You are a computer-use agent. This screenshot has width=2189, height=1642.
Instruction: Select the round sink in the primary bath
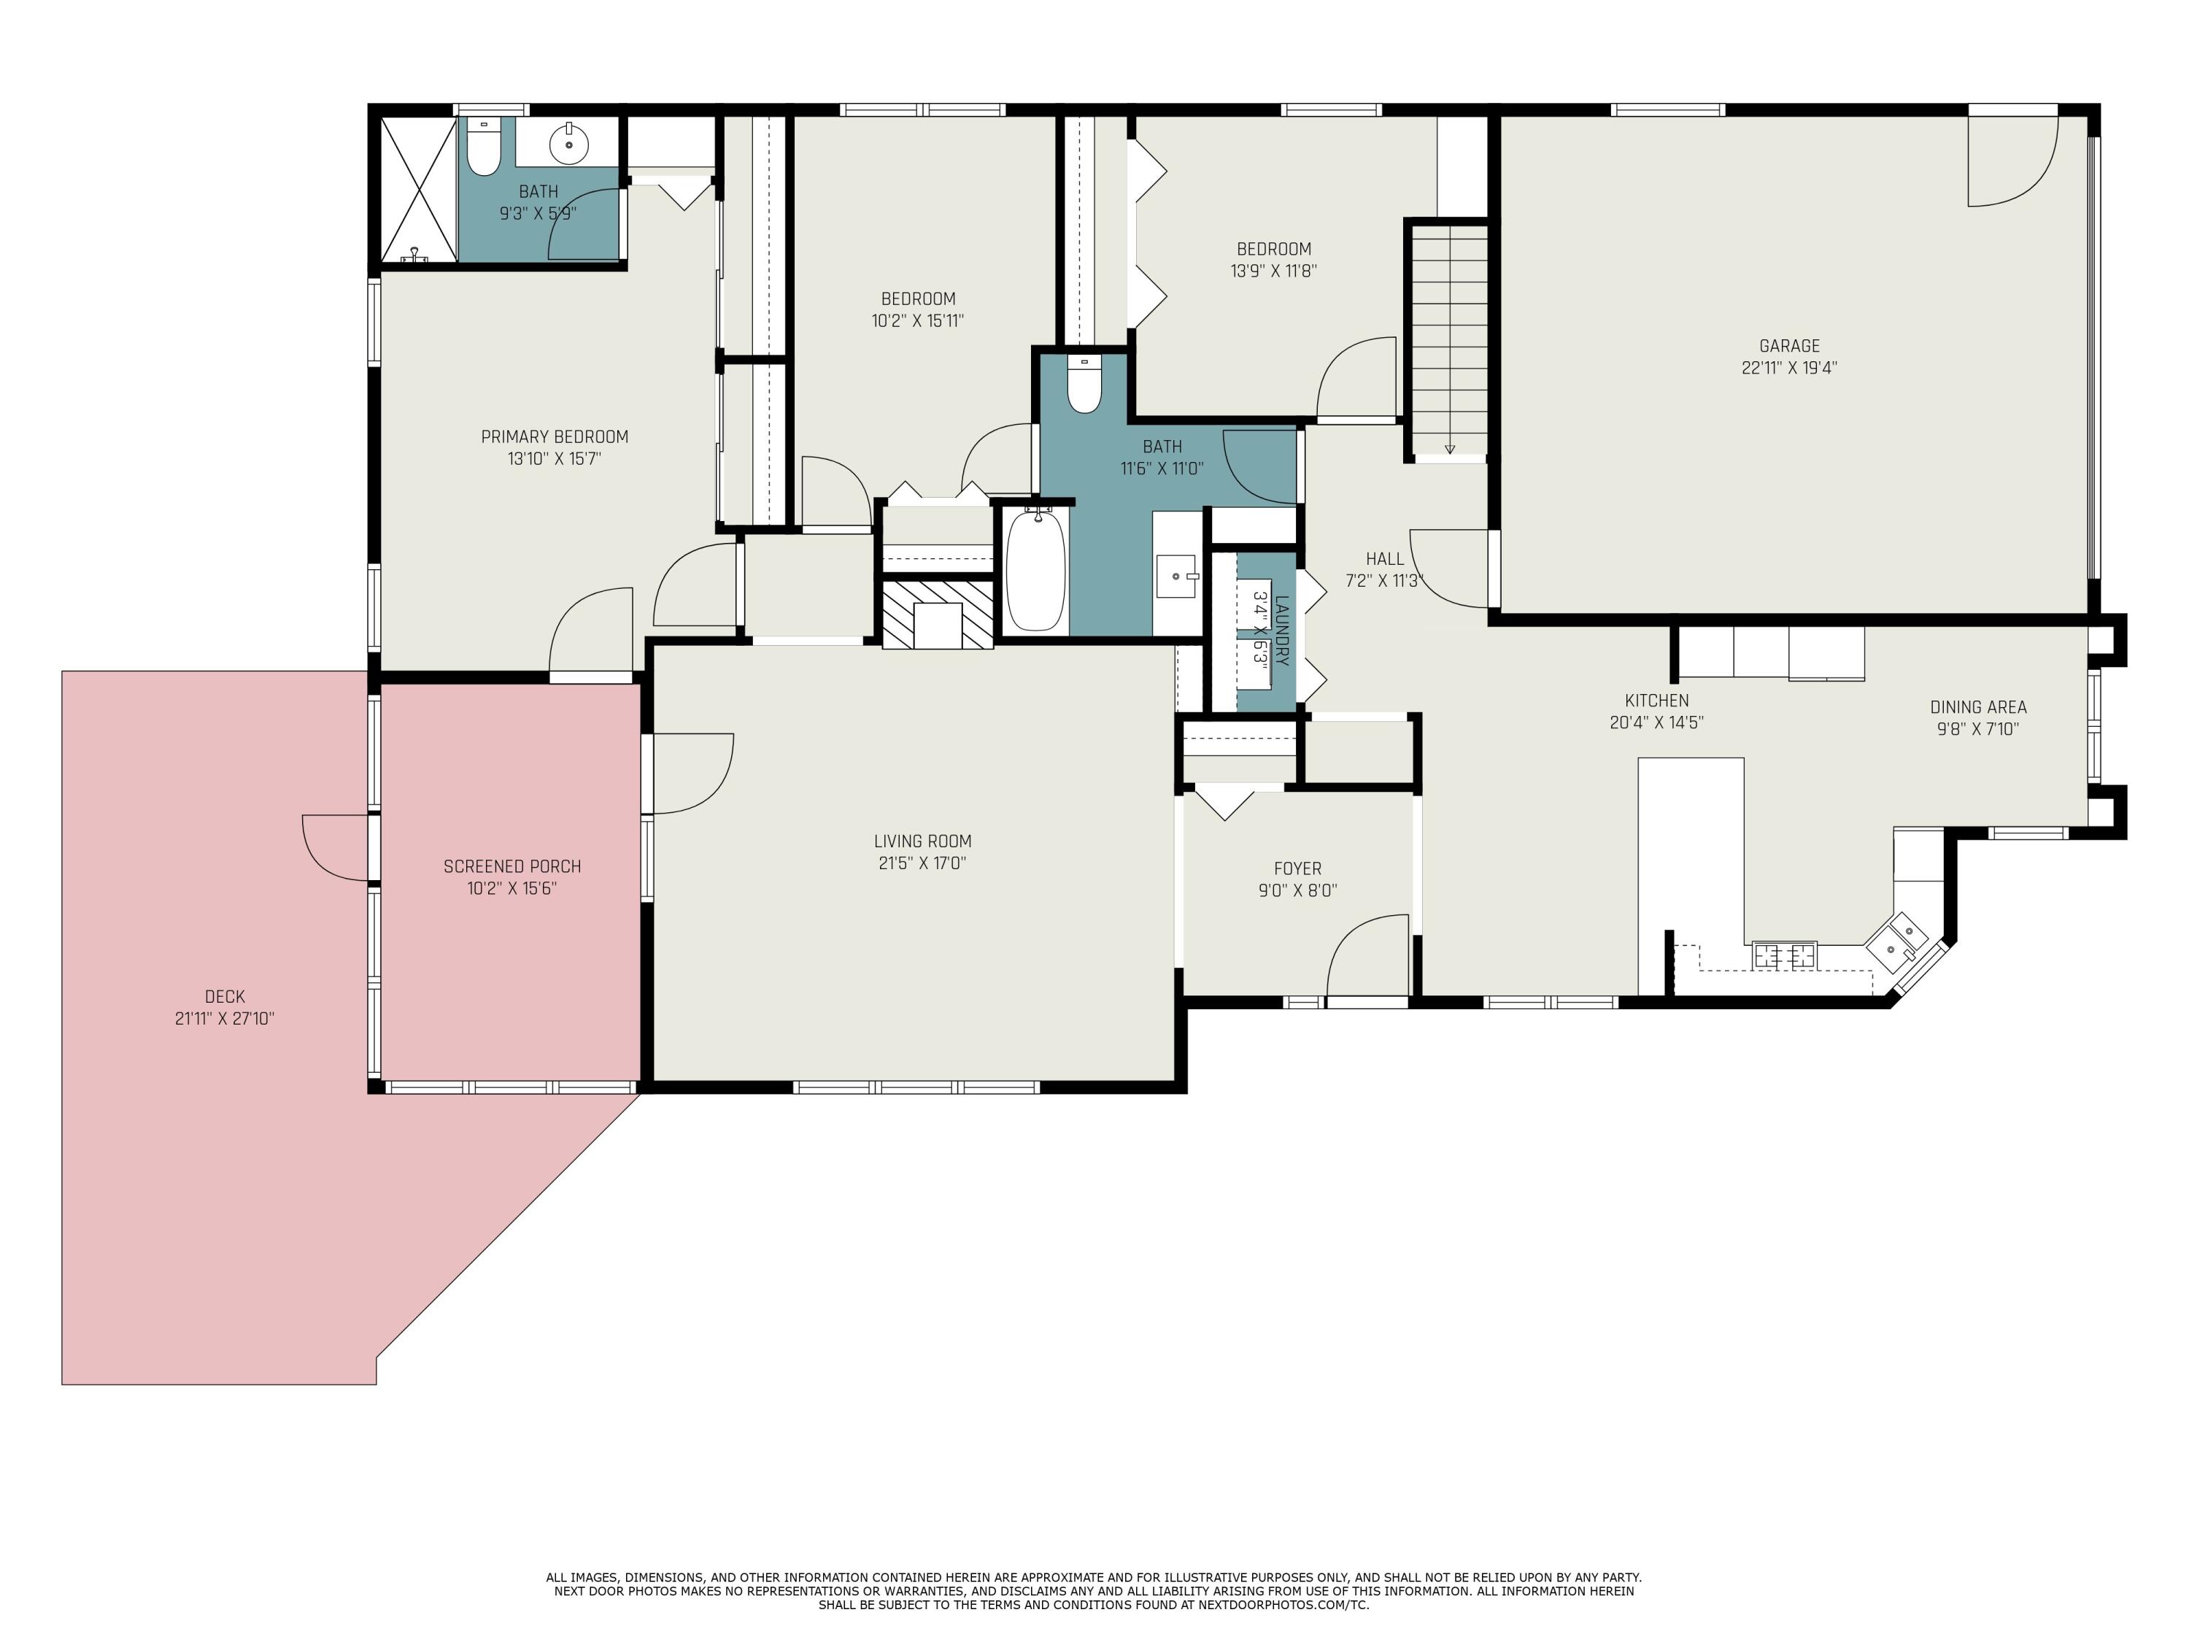coord(569,144)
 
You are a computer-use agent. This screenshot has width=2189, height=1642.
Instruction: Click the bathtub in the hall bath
coord(1035,571)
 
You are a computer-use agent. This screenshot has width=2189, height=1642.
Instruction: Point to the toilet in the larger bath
coord(1084,385)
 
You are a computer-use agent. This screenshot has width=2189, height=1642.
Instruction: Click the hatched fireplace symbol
coord(937,614)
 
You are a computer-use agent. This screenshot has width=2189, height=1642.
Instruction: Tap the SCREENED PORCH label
coord(511,866)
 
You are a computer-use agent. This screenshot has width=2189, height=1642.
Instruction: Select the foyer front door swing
coord(1367,955)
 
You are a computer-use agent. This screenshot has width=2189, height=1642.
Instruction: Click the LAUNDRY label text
coord(1281,630)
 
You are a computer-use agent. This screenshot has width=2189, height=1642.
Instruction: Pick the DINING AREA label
coord(1977,706)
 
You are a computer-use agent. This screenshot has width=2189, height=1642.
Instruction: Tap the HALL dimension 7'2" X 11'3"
coord(1383,581)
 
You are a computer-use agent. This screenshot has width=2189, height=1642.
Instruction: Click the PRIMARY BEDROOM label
coord(554,436)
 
